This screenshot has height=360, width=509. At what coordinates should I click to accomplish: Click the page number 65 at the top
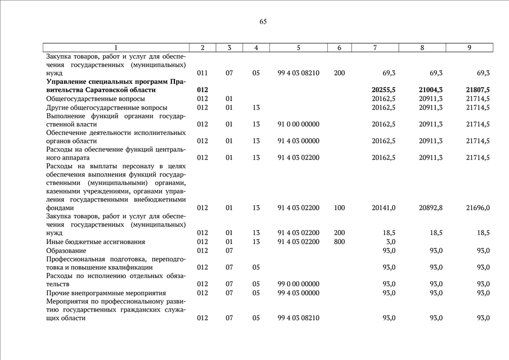tap(263, 22)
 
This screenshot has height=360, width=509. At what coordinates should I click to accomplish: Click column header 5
tap(298, 48)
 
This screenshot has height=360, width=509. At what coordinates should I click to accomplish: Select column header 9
tap(469, 48)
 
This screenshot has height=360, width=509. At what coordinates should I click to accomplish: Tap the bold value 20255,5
tap(384, 90)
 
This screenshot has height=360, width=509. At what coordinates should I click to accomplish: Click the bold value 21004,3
tap(431, 90)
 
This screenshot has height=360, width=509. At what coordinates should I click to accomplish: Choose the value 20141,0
tap(384, 208)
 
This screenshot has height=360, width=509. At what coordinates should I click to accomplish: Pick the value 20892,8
tap(431, 208)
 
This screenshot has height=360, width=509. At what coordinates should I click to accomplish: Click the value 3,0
tap(390, 242)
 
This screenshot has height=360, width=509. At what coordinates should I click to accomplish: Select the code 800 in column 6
tap(339, 242)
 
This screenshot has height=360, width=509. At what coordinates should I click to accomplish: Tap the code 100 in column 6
tap(339, 208)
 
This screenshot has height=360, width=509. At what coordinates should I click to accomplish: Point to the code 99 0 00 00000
tap(298, 284)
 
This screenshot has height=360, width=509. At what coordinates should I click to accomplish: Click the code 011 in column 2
tap(202, 73)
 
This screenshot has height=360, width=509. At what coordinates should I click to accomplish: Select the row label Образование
tap(66, 250)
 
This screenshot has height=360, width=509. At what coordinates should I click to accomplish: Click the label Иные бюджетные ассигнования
tap(96, 242)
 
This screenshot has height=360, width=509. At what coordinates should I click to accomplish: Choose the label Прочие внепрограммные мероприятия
tap(106, 293)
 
